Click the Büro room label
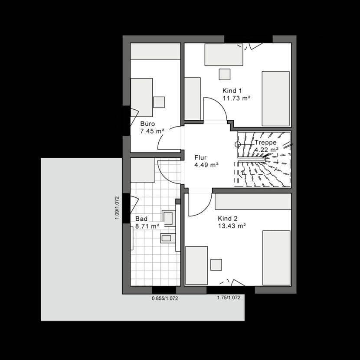(x=147, y=123)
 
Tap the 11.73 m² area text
(x=236, y=98)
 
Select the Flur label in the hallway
(x=200, y=158)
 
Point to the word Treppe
(x=265, y=143)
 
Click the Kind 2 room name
(x=228, y=219)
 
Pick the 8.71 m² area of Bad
(x=147, y=226)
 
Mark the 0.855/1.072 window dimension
(x=165, y=298)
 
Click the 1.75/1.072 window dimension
(x=229, y=298)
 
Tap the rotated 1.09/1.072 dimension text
(x=117, y=208)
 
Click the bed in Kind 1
(x=275, y=98)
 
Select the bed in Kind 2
(x=276, y=258)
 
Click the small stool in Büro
(x=159, y=102)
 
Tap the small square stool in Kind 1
(x=224, y=74)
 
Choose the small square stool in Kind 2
(x=216, y=265)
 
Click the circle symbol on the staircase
(x=237, y=144)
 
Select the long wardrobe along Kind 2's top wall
(x=253, y=202)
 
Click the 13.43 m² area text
(x=232, y=226)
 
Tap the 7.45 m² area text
(x=152, y=130)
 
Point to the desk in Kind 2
(x=196, y=265)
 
